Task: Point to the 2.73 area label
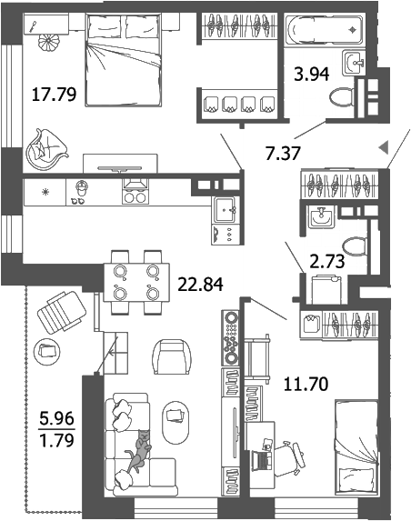pyautogui.click(x=327, y=261)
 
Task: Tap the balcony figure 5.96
pyautogui.click(x=55, y=421)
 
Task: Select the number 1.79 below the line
pyautogui.click(x=55, y=444)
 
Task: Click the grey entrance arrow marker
pyautogui.click(x=384, y=146)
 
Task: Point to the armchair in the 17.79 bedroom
pyautogui.click(x=47, y=145)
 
